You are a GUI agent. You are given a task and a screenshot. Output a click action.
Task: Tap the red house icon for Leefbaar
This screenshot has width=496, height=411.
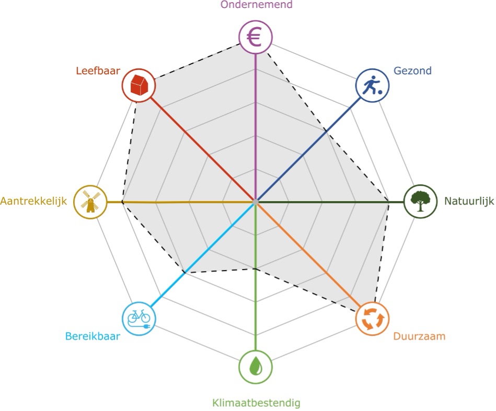click(x=139, y=85)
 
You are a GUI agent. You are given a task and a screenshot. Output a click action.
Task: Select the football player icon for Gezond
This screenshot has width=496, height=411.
click(x=372, y=85)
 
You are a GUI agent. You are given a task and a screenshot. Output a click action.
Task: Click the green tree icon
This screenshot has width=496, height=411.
click(x=421, y=201)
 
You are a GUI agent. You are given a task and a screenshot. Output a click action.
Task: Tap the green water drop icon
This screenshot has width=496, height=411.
click(x=255, y=366)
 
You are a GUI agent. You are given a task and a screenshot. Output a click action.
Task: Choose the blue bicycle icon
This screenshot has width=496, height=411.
click(x=139, y=317)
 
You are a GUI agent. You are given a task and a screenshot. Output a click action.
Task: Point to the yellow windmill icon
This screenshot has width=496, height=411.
click(x=90, y=202)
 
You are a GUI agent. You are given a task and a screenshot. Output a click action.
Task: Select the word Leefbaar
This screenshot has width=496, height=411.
click(x=98, y=70)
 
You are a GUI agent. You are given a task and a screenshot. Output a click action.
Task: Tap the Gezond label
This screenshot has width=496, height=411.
click(x=413, y=71)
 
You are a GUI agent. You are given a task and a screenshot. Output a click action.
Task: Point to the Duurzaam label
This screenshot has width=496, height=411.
click(x=419, y=336)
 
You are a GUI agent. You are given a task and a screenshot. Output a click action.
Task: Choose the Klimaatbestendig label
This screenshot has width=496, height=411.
click(x=256, y=403)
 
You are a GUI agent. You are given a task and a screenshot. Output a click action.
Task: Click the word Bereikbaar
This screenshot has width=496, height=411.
click(x=93, y=336)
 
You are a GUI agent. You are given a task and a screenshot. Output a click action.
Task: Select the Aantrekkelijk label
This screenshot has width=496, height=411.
click(x=34, y=201)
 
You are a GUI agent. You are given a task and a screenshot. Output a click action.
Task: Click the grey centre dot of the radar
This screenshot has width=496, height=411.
click(x=255, y=201)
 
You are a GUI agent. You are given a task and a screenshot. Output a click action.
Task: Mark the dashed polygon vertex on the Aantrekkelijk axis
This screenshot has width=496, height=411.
click(x=122, y=202)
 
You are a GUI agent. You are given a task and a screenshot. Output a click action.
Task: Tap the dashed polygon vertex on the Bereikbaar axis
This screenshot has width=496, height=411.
click(x=184, y=272)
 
